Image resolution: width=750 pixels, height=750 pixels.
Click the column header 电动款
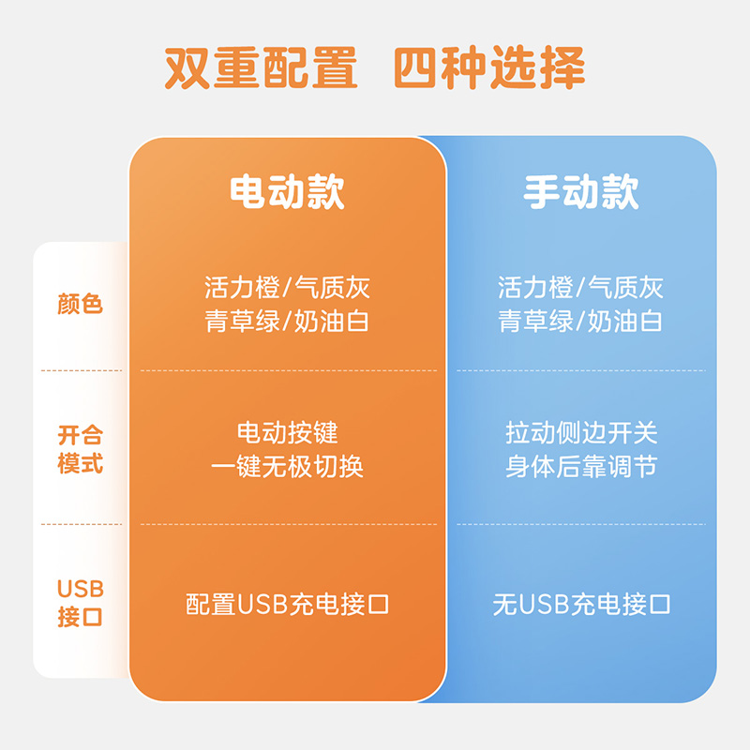tap(287, 191)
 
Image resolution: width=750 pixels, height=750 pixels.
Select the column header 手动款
tap(581, 191)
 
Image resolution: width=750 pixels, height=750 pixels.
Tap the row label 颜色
tap(81, 304)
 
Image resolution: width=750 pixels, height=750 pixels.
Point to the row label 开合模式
tap(81, 449)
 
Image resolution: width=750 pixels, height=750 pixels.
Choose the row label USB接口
tap(81, 603)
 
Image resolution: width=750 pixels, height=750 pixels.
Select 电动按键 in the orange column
tap(287, 433)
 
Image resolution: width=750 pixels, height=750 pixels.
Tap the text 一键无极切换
tap(287, 466)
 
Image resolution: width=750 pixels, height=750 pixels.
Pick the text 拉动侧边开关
tap(581, 433)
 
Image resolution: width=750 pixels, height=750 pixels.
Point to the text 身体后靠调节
tap(581, 466)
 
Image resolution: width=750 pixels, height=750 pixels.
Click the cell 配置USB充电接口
tap(287, 604)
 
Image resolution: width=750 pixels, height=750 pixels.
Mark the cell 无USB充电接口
tap(581, 604)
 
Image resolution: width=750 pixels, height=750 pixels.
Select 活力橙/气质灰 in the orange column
tap(287, 287)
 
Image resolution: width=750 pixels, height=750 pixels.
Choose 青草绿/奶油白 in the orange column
tap(287, 321)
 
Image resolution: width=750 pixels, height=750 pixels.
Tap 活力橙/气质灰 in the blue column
tap(581, 287)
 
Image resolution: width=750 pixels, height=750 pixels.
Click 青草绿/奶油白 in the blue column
tap(581, 321)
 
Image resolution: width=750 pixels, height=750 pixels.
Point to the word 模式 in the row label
tap(81, 464)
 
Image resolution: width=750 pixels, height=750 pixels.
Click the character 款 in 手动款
tap(620, 191)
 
